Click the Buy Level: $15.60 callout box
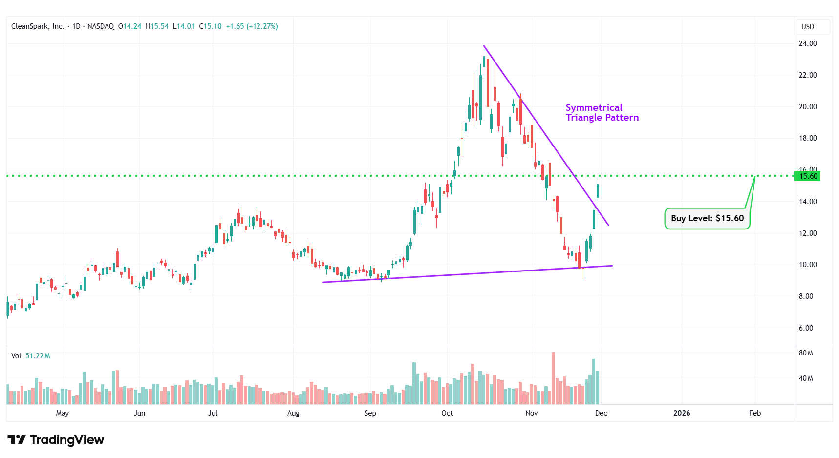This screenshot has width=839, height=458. coord(707,218)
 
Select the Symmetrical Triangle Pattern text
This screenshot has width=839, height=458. coord(602,113)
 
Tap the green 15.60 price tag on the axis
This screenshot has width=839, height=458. coord(807,176)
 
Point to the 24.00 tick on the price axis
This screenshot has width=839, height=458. coord(807,43)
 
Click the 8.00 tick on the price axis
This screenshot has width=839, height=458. coord(806,296)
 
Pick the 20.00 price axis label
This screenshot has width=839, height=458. coord(807,107)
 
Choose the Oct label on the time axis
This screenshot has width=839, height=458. coord(447,413)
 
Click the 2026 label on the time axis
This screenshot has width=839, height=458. coord(681,413)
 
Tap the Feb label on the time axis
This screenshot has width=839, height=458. coord(754,413)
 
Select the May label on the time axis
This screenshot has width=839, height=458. coord(63,413)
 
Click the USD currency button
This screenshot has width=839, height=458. coord(808,27)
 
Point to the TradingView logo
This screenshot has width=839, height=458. coord(56,440)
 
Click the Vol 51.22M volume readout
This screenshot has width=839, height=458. coord(30,356)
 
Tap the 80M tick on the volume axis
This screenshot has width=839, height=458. coord(806,353)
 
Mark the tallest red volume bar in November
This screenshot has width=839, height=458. coord(553,378)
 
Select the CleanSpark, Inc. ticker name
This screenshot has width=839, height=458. coord(38,26)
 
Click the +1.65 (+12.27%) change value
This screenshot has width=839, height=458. coord(252,26)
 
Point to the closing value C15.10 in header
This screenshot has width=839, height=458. coord(210,26)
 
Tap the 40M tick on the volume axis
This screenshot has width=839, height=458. coord(806,378)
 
